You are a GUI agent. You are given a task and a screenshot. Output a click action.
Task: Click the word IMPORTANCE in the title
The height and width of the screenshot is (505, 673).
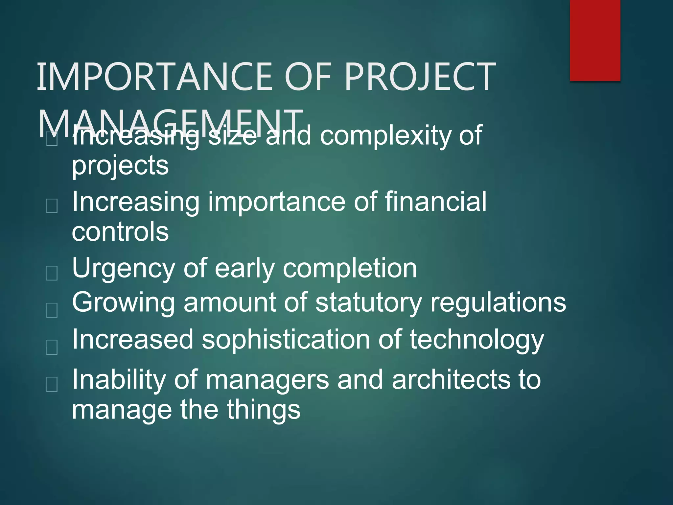pos(155,77)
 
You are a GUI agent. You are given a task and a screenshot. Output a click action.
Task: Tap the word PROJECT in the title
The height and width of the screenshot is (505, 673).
pos(420,77)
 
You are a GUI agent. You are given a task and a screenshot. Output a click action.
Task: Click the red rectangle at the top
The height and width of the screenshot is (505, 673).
pos(595,40)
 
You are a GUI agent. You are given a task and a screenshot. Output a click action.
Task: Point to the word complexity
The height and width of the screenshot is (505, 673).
pos(385,135)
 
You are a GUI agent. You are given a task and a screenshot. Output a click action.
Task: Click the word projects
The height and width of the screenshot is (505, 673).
pos(120,166)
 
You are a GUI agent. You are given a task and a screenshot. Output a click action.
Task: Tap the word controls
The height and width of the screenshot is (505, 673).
pos(120,231)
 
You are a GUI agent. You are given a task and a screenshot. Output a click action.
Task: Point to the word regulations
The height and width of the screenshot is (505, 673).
pos(498,302)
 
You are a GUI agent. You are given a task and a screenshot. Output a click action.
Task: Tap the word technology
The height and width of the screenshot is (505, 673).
pos(476,340)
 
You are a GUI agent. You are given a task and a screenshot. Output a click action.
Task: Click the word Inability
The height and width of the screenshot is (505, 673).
pos(119,379)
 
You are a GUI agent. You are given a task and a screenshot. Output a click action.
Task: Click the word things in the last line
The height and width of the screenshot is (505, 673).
pos(263,410)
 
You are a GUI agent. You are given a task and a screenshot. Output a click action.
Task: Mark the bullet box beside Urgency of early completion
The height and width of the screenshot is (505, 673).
pos(52,273)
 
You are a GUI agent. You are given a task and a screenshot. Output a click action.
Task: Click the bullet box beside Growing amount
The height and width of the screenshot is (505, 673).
pos(52,310)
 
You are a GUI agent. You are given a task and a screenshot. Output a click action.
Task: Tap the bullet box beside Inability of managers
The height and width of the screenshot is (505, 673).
pos(52,384)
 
